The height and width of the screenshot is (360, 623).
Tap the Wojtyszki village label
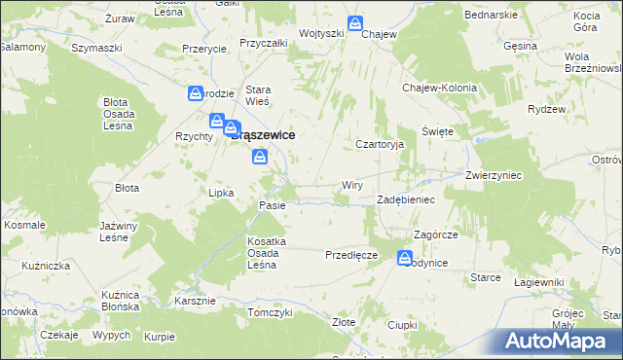coord(321,33)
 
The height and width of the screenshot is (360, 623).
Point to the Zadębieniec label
coord(405,199)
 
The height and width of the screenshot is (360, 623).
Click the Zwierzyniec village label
coord(495,176)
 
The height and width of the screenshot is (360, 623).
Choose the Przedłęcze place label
coord(350,255)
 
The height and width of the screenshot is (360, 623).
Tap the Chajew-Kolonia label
coord(440,88)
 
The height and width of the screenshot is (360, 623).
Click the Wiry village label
coord(352,184)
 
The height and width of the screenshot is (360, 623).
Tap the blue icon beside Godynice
coord(405,258)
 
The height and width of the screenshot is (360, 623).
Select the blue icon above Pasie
coord(259,157)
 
